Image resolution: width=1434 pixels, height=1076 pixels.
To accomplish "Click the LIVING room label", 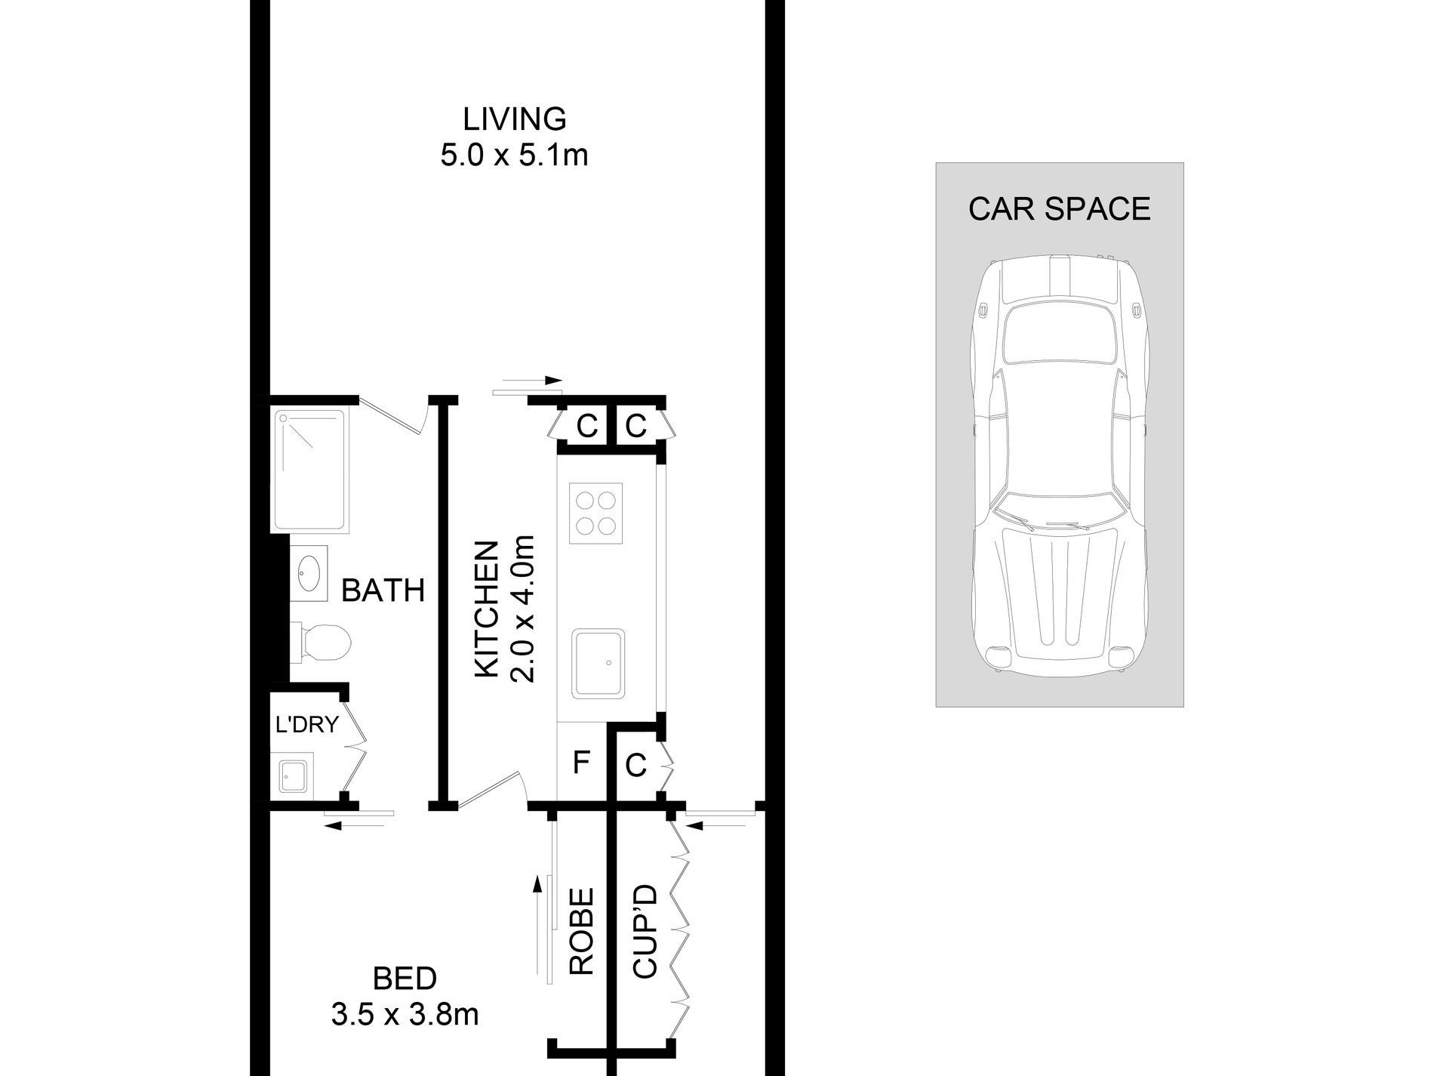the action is click(x=514, y=119).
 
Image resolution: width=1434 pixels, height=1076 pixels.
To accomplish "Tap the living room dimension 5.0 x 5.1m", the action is click(x=514, y=156).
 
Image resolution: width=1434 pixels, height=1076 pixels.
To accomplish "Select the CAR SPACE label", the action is click(x=1059, y=208).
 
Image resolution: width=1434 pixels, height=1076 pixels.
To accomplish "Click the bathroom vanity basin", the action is click(x=309, y=574).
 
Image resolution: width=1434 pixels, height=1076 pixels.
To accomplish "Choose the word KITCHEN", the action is click(x=488, y=609).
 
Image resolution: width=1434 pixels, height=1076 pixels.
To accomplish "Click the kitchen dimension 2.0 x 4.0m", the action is click(x=522, y=609).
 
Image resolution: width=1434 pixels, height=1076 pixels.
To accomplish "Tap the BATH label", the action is click(x=383, y=590).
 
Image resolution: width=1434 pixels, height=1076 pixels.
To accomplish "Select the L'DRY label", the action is click(x=306, y=725).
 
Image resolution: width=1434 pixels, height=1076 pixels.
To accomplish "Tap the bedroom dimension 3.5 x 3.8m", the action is click(x=405, y=1014).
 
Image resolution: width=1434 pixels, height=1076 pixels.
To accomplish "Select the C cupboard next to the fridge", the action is click(x=636, y=766).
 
